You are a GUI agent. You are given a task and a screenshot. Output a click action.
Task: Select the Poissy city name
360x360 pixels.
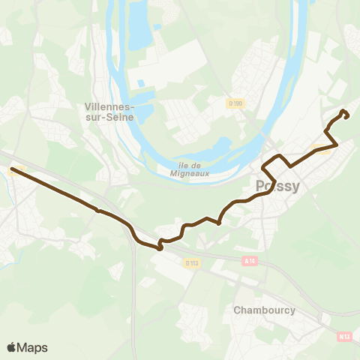pos(278,187)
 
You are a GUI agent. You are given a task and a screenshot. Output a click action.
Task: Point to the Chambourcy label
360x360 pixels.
pos(263,310)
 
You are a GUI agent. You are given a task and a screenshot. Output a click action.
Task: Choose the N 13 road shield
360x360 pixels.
pos(344,337)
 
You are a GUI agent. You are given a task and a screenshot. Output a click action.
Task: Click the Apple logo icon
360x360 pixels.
pos(12,347)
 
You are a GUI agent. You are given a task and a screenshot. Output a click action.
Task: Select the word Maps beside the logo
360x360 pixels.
pos(33,347)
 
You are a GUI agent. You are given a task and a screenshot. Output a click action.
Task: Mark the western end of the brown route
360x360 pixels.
pos(12,170)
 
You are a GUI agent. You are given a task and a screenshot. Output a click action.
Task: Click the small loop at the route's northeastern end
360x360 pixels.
pos(344,114)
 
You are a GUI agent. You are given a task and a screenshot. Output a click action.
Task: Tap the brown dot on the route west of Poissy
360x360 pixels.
pos(218,222)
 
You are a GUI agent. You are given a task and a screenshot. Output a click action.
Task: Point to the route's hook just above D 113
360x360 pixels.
pos(160,244)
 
